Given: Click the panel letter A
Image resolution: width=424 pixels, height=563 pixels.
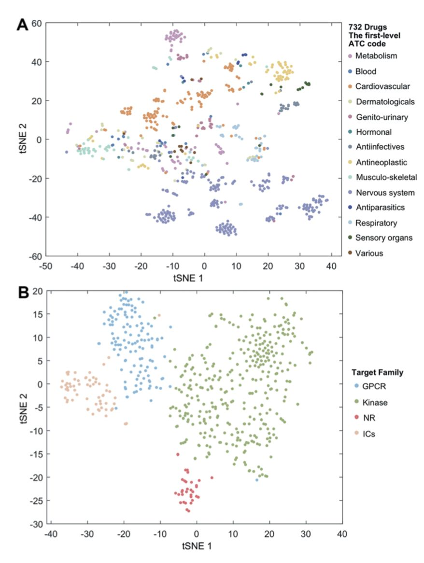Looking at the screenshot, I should point(22,25).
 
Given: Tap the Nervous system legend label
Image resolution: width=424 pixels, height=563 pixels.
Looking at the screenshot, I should point(385,193).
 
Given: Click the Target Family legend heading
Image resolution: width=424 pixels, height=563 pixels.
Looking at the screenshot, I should point(377,372).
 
